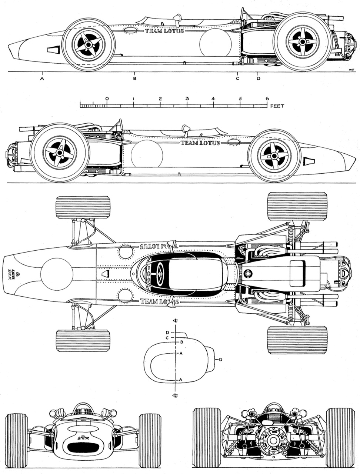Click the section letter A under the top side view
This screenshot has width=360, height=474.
coord(42,79)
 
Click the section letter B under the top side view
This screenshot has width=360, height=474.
coord(135,79)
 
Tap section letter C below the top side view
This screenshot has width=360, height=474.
coord(238,79)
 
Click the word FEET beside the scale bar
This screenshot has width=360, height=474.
coord(277,106)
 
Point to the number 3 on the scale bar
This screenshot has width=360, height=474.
coord(187,99)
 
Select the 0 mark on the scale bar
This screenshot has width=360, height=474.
coord(107,99)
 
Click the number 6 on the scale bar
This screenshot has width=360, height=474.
coord(266,99)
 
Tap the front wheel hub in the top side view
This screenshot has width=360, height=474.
coord(89,44)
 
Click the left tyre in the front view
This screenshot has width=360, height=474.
coord(17,437)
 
